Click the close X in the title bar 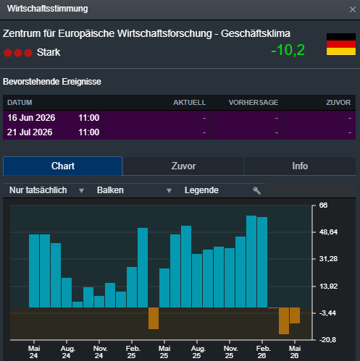(353, 9)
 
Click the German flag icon (341, 44)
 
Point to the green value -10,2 (288, 50)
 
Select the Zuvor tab (183, 166)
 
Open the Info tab (300, 166)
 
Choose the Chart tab (63, 166)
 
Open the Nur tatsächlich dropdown (46, 190)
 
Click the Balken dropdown (134, 190)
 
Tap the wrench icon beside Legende (256, 190)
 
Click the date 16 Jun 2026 (31, 118)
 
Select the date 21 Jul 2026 (30, 132)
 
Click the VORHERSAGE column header (254, 103)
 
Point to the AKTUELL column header (190, 103)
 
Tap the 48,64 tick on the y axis (328, 232)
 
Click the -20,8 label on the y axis (327, 340)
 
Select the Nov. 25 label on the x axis (230, 352)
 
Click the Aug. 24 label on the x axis (67, 352)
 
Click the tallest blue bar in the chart (251, 261)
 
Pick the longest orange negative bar (284, 320)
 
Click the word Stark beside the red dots (49, 52)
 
